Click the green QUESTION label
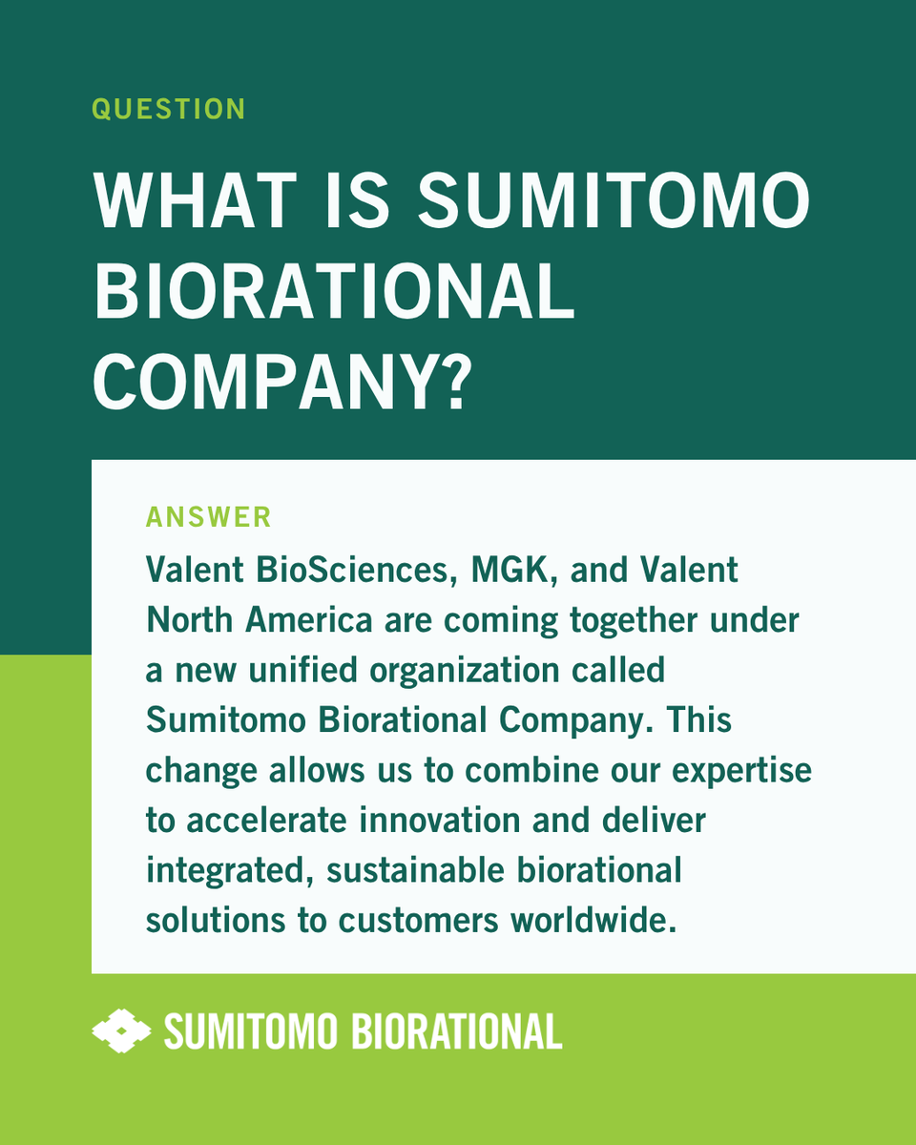pos(168,109)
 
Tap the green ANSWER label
pos(208,517)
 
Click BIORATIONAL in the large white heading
pos(333,291)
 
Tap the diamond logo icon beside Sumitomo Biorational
pos(121,1031)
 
